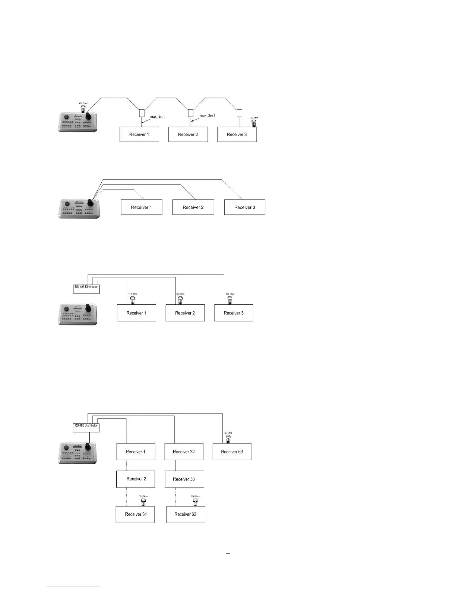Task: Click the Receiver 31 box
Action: click(135, 514)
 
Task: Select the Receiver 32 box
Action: click(184, 451)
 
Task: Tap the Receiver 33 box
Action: click(184, 479)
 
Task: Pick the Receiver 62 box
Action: click(186, 514)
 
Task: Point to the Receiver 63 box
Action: click(232, 451)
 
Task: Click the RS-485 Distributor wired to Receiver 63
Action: click(86, 427)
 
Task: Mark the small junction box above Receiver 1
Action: click(142, 113)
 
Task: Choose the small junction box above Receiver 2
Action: click(191, 113)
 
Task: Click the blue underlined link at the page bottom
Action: click(74, 587)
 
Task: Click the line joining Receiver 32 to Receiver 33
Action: click(175, 465)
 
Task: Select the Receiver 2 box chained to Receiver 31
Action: click(136, 479)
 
